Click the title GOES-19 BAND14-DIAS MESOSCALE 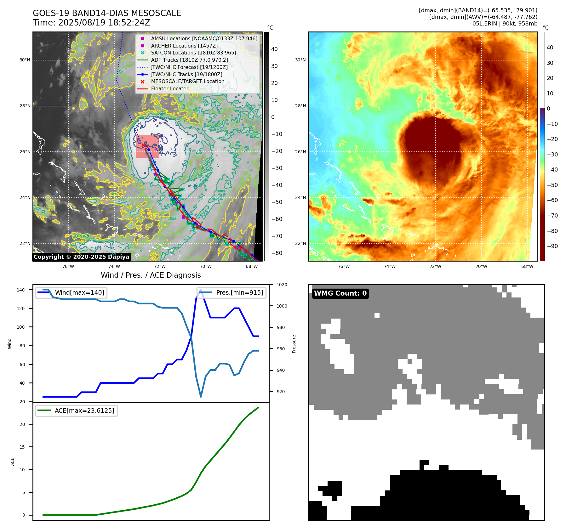click(x=107, y=13)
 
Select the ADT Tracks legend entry click(x=189, y=60)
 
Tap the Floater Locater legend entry click(x=169, y=88)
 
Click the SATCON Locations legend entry click(x=193, y=53)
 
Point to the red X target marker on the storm click(x=143, y=145)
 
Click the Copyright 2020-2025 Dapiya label click(x=81, y=257)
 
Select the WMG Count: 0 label click(x=340, y=293)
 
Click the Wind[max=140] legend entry click(x=79, y=292)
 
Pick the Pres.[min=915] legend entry click(x=239, y=292)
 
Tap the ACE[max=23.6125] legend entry click(x=84, y=410)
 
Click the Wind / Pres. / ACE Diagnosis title click(x=151, y=275)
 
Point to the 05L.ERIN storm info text click(x=505, y=23)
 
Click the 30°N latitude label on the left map click(x=25, y=60)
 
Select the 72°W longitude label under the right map click(x=435, y=266)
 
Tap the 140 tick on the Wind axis click(x=21, y=290)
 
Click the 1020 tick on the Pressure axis click(x=282, y=285)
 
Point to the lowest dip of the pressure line click(x=201, y=397)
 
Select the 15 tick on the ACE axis click(x=22, y=447)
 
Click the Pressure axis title click(x=294, y=343)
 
